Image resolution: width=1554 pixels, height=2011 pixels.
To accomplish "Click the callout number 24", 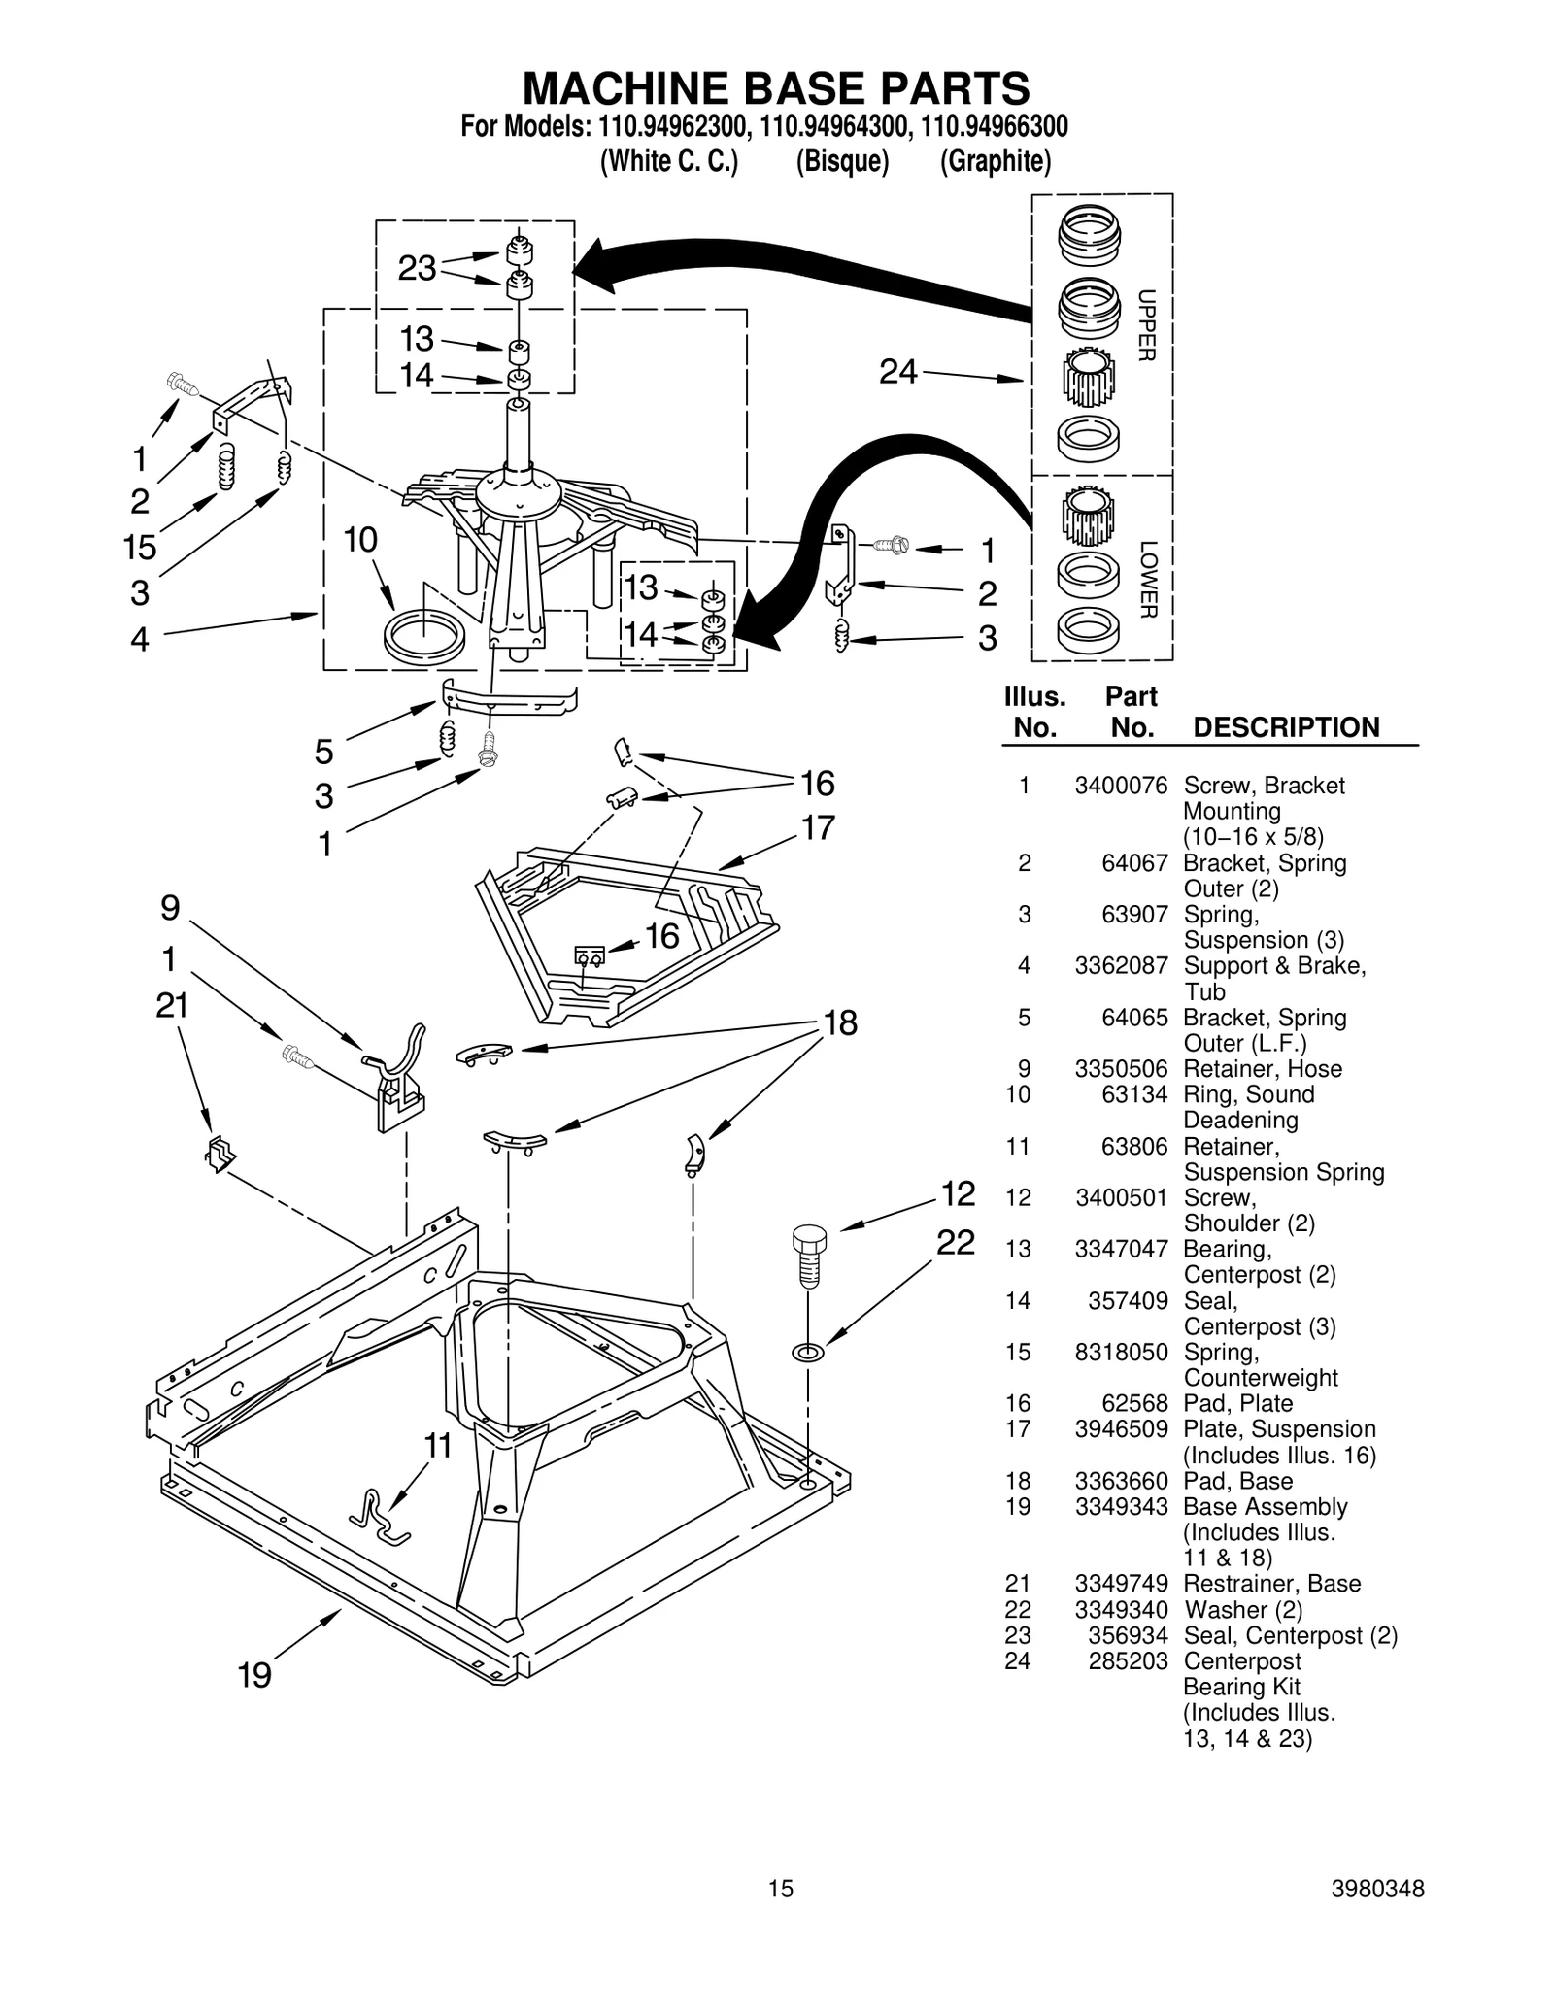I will click(x=897, y=371).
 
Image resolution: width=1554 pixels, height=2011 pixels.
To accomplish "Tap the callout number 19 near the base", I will click(x=254, y=1675).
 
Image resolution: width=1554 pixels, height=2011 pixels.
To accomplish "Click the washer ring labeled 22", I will click(x=808, y=1352).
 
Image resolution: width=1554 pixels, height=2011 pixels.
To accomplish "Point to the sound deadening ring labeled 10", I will click(x=424, y=636).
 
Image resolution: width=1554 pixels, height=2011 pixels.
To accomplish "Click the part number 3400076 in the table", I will click(x=1120, y=786).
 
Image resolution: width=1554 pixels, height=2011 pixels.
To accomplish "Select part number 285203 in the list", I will click(x=1127, y=1660).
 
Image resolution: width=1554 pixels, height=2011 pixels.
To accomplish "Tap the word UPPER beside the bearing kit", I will click(x=1146, y=325).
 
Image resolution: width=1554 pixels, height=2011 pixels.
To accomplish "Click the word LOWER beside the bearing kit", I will click(x=1146, y=580).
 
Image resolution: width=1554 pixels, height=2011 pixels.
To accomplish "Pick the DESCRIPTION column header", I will click(x=1285, y=727).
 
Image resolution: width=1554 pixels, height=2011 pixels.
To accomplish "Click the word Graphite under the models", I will click(x=995, y=161).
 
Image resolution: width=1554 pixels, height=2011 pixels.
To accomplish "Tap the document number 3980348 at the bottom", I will click(x=1377, y=1888).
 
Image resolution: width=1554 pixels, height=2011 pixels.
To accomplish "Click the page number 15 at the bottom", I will click(x=780, y=1888).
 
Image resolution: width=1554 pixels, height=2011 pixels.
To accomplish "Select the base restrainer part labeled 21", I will click(x=220, y=1154).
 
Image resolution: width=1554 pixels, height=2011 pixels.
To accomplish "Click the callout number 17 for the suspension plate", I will click(x=818, y=827).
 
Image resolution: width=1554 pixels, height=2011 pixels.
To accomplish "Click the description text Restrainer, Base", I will click(x=1271, y=1584).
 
